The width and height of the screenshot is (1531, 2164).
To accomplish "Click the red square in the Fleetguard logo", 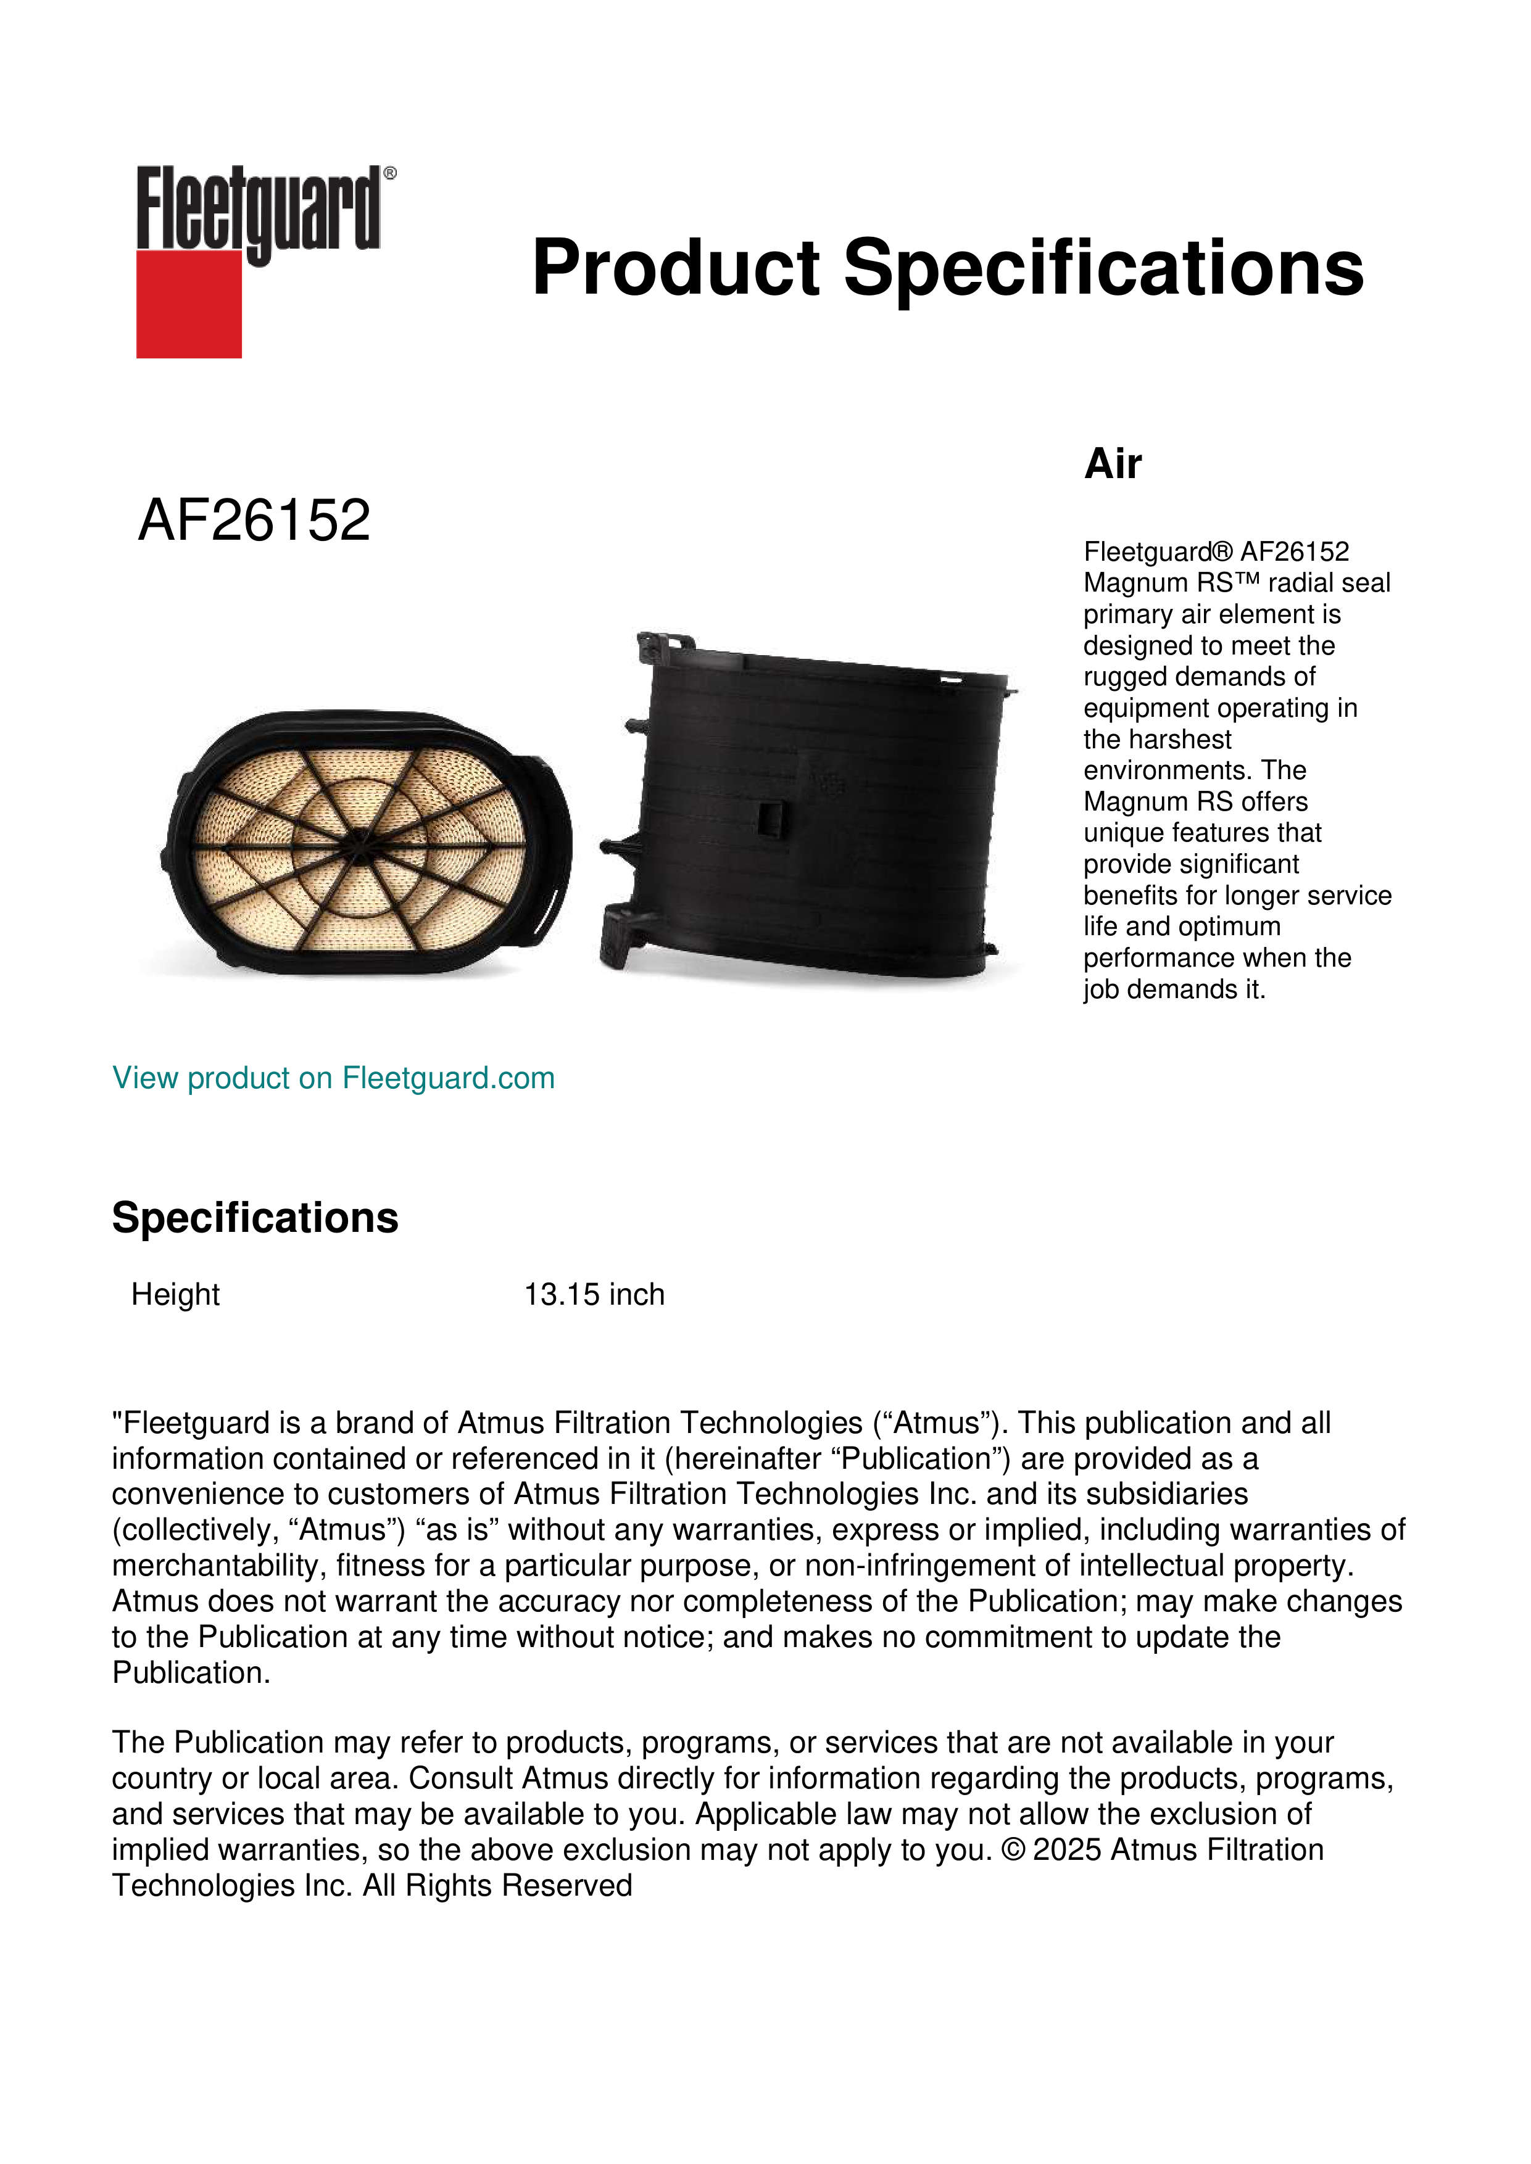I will pyautogui.click(x=189, y=304).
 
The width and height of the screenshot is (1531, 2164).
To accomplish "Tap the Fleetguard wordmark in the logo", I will pyautogui.click(x=259, y=209).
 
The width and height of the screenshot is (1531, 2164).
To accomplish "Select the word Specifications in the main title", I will pyautogui.click(x=1102, y=268).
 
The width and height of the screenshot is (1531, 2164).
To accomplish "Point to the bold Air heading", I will pyautogui.click(x=1113, y=464).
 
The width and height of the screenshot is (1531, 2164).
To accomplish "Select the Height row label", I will pyautogui.click(x=175, y=1294).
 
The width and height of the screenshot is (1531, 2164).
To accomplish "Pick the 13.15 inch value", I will pyautogui.click(x=594, y=1294).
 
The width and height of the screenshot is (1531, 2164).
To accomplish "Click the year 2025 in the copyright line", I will pyautogui.click(x=1066, y=1850).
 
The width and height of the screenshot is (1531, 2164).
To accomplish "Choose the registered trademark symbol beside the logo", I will pyautogui.click(x=389, y=173).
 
